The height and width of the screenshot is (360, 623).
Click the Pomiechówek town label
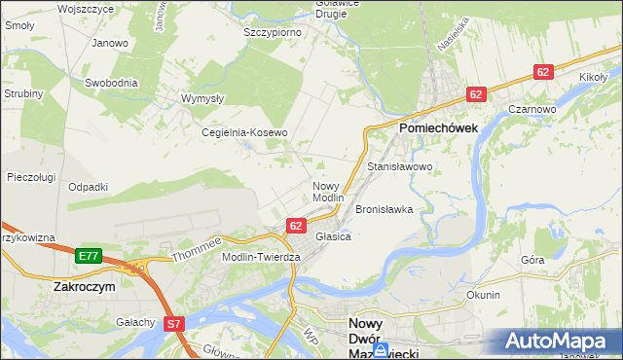(x=435, y=127)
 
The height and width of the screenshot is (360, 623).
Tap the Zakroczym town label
(x=85, y=288)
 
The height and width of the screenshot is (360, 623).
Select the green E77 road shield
(x=88, y=255)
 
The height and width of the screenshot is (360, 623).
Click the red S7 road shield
(x=174, y=323)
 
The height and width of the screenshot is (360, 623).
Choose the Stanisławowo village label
(x=399, y=167)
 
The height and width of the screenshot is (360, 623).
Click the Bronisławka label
(x=385, y=209)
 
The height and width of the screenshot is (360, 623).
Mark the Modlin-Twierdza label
(x=261, y=256)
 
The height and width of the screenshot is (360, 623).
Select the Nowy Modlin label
(x=328, y=191)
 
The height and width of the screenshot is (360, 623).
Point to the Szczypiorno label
(x=272, y=32)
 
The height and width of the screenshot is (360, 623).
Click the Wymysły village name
(x=203, y=98)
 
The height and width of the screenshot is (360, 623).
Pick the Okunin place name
(x=483, y=295)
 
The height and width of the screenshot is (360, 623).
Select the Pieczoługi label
(x=29, y=177)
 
